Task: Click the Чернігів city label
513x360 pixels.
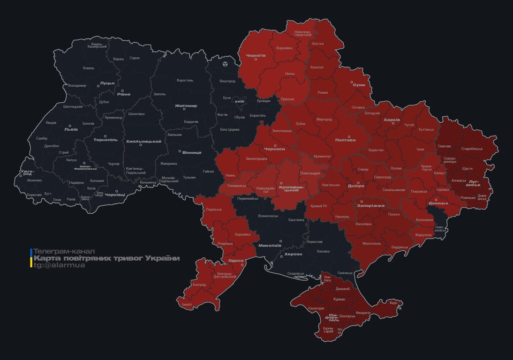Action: (x=256, y=55)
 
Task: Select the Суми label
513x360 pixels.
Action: (x=359, y=85)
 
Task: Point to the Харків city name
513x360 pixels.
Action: (x=392, y=120)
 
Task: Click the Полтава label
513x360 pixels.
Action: (x=345, y=140)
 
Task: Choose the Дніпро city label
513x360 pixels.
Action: (x=356, y=186)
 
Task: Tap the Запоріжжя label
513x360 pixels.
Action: (x=370, y=206)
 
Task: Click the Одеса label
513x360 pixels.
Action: (x=235, y=261)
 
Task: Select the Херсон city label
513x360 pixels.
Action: (x=294, y=254)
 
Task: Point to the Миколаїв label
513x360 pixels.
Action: (x=270, y=245)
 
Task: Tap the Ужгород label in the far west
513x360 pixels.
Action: (x=27, y=173)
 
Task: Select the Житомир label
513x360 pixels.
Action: (x=186, y=106)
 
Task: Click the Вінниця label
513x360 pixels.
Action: (x=192, y=152)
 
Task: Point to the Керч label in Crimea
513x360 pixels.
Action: (x=393, y=303)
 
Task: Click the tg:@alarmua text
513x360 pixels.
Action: (x=59, y=265)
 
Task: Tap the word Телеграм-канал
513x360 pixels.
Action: (x=64, y=251)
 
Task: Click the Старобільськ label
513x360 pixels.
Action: (x=472, y=149)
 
